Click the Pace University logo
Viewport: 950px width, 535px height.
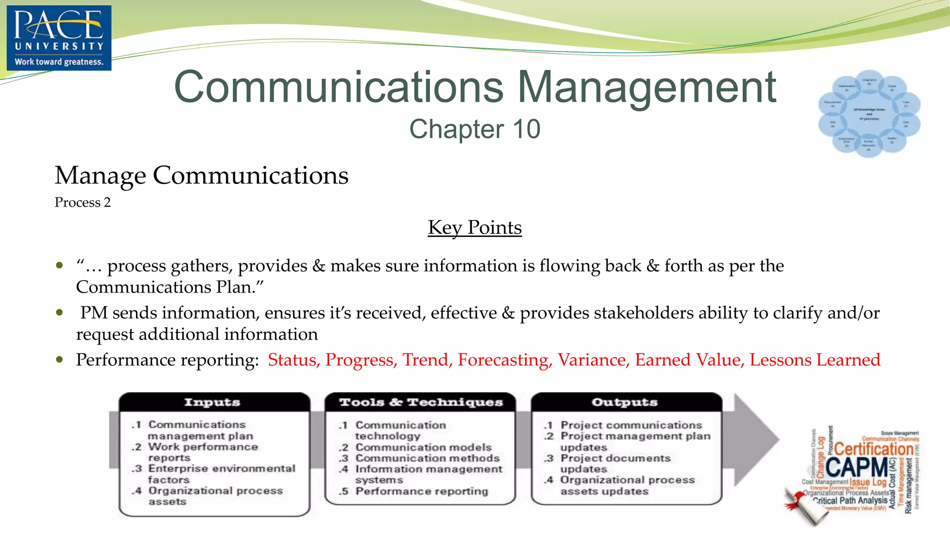click(x=59, y=38)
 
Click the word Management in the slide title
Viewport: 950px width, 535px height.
click(x=647, y=87)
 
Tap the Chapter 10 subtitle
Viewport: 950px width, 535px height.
click(x=475, y=129)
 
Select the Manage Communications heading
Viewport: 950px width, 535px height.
click(x=201, y=176)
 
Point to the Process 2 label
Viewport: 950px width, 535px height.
click(x=83, y=202)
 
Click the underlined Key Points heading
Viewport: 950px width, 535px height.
click(x=475, y=228)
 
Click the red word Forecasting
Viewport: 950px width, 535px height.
click(x=505, y=360)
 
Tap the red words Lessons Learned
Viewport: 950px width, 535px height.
click(x=815, y=360)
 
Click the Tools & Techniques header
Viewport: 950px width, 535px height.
click(x=421, y=402)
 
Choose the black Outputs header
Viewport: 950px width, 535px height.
click(x=625, y=402)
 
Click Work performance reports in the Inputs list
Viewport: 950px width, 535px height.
click(x=203, y=452)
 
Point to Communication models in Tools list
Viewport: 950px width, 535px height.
click(x=423, y=447)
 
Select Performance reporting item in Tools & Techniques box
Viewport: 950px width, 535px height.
click(x=421, y=491)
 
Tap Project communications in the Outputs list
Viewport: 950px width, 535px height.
click(x=631, y=425)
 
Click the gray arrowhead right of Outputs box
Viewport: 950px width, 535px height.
click(x=756, y=439)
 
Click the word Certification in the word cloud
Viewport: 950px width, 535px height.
click(x=874, y=449)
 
